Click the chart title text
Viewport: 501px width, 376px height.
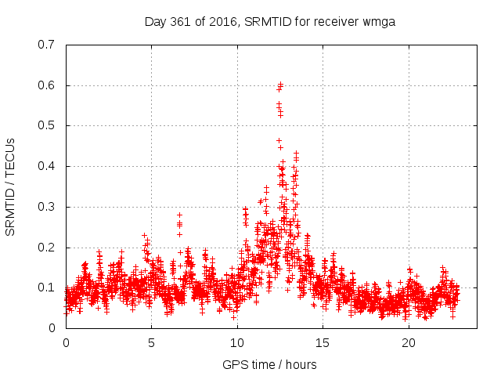click(x=270, y=21)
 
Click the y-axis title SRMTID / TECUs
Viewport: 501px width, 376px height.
click(x=11, y=186)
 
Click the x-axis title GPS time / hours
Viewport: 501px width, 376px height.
click(x=270, y=364)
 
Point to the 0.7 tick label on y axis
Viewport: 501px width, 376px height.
click(x=46, y=44)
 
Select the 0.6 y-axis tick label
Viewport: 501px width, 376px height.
click(x=46, y=85)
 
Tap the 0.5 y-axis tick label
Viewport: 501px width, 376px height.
click(x=46, y=125)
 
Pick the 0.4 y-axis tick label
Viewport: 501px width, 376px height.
click(x=46, y=166)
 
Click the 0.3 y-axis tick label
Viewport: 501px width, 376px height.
click(x=46, y=207)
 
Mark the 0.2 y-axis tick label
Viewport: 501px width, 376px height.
click(x=46, y=248)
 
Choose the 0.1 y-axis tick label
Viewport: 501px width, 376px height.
click(x=46, y=288)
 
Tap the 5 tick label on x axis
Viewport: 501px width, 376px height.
click(x=151, y=343)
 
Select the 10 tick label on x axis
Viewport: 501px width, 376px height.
click(x=237, y=343)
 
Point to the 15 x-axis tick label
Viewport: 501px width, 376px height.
click(x=323, y=343)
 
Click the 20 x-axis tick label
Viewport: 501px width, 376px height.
click(x=409, y=343)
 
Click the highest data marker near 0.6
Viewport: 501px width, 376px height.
click(x=280, y=84)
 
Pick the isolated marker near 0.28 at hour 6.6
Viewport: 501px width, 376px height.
click(x=179, y=215)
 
